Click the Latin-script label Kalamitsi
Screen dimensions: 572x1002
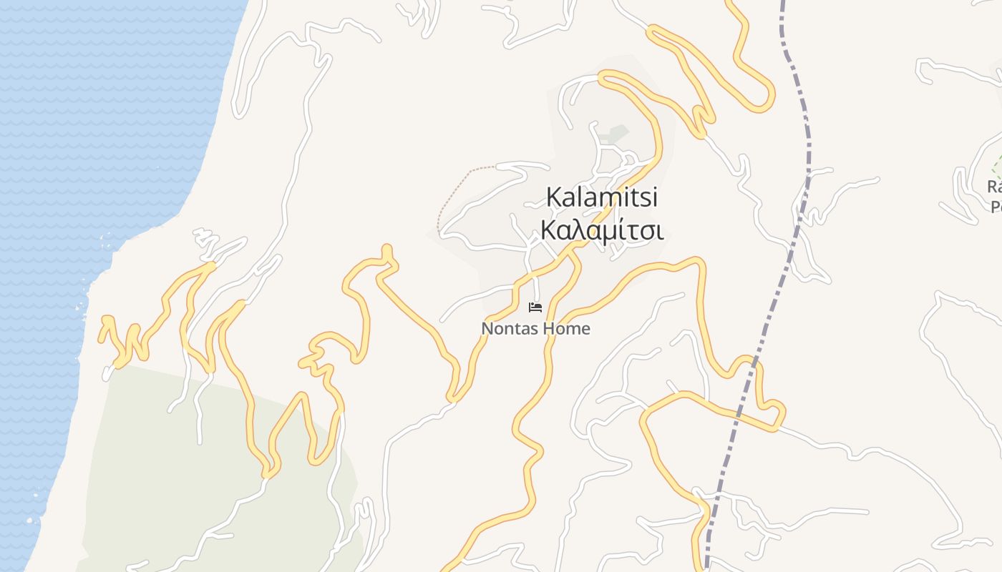coord(601,197)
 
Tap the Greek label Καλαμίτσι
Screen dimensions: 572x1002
coord(601,231)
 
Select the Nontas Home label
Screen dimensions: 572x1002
coord(535,329)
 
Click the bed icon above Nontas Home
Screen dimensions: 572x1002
coord(535,307)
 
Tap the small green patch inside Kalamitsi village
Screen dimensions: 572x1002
coord(614,134)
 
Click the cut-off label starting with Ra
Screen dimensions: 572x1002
coord(994,187)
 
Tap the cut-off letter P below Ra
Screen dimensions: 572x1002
coord(995,207)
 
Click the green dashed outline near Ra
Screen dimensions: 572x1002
coord(996,168)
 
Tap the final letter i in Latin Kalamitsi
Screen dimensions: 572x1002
coord(653,197)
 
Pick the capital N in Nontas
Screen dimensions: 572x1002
coord(487,329)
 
